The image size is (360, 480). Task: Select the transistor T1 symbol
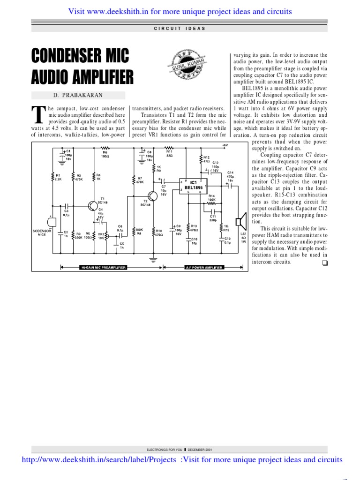tap(94, 205)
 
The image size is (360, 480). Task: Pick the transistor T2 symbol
tap(152, 196)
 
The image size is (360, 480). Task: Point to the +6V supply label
tap(225, 146)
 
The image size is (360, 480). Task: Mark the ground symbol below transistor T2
tap(152, 258)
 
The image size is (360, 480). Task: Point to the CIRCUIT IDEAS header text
tap(180, 29)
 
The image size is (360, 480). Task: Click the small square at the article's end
tap(324, 262)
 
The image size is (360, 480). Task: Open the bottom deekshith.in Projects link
tap(99, 459)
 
